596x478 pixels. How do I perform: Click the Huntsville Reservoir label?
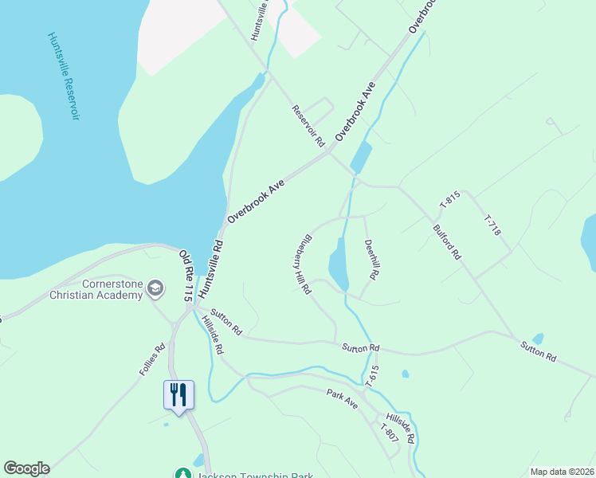coord(64,76)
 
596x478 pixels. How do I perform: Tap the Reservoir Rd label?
coord(308,126)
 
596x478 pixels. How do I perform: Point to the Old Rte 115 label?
coord(186,276)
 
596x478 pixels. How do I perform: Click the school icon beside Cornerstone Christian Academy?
coord(156,288)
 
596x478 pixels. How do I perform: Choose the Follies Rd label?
coord(151,359)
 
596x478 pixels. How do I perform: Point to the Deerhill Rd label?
coord(370,259)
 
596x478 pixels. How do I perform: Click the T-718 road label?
coord(492,225)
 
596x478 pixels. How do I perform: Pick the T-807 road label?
coord(389,434)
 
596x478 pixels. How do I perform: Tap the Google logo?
coord(26,468)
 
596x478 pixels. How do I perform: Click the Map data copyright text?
coord(562,472)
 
